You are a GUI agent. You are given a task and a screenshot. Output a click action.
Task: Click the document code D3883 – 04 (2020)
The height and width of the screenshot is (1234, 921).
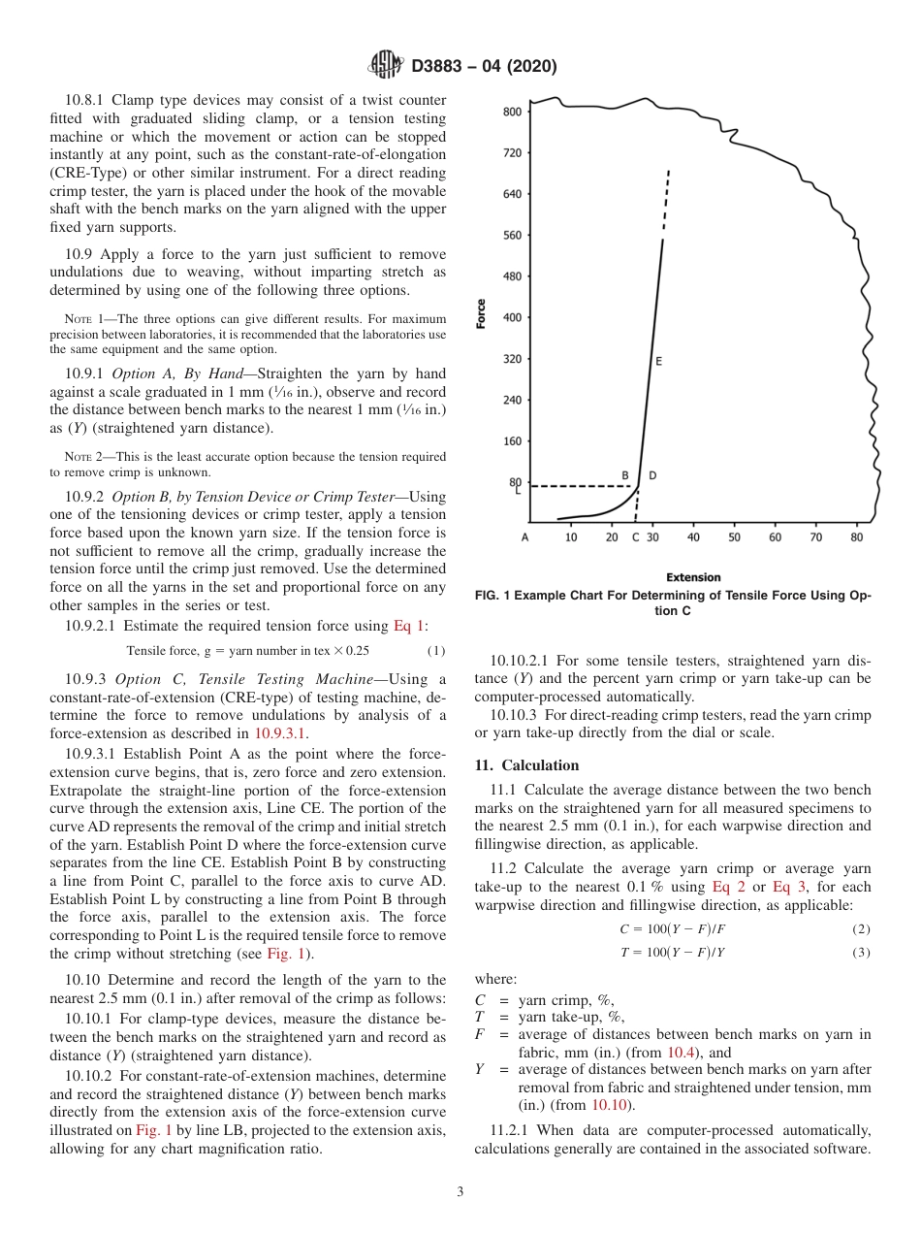click(x=484, y=67)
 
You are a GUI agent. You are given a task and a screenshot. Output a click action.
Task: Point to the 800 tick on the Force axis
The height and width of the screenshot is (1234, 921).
click(x=511, y=112)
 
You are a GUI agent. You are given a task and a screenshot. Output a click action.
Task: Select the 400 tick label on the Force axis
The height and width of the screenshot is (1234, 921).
click(x=511, y=317)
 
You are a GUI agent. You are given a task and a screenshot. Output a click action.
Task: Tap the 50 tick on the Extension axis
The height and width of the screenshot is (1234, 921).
click(x=734, y=536)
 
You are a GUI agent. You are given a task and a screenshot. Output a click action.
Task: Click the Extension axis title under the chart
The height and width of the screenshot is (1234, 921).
click(x=693, y=577)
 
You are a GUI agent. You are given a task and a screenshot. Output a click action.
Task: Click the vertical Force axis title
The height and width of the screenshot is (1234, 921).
click(x=481, y=313)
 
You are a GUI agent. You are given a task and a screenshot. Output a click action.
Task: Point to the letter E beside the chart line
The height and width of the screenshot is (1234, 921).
click(x=658, y=361)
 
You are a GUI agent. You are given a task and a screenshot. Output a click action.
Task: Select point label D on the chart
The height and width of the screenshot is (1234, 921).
click(x=651, y=475)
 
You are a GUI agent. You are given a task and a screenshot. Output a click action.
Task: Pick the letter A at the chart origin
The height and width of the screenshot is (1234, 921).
click(x=524, y=536)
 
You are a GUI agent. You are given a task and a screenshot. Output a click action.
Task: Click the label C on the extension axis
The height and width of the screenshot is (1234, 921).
click(x=635, y=536)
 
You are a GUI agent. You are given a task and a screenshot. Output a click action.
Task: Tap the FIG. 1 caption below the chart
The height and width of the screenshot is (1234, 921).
click(x=672, y=603)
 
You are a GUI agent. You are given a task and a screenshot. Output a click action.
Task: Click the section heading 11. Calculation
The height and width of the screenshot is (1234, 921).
click(x=526, y=765)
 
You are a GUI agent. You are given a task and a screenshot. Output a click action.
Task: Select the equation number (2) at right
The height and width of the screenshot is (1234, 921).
click(x=861, y=929)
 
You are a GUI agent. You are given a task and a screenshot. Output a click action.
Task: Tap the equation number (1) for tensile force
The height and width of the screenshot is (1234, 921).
click(x=436, y=650)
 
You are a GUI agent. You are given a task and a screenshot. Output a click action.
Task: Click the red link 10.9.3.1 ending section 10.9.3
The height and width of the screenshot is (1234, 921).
click(x=280, y=733)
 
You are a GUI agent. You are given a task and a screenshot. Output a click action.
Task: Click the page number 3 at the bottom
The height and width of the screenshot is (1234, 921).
click(x=460, y=1192)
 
